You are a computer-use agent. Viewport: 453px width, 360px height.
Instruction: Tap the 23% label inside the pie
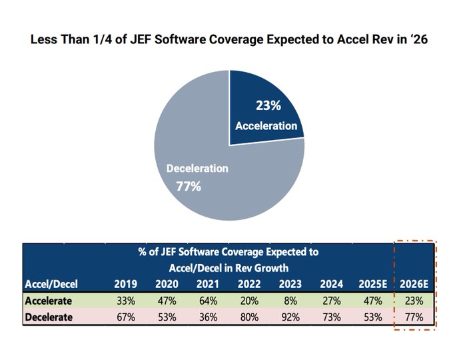pyautogui.click(x=267, y=105)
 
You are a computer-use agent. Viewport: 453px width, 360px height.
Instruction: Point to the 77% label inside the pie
pyautogui.click(x=189, y=187)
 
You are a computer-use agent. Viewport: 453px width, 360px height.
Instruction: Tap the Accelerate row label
pyautogui.click(x=49, y=300)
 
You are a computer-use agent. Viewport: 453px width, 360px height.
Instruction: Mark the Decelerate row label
pyautogui.click(x=49, y=317)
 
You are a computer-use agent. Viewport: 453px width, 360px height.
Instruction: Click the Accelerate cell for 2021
pyautogui.click(x=208, y=300)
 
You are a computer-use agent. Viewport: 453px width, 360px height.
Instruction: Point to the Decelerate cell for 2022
pyautogui.click(x=248, y=317)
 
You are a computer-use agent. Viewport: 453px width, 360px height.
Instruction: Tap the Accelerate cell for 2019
pyautogui.click(x=125, y=300)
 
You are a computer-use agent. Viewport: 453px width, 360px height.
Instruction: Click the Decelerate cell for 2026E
pyautogui.click(x=414, y=317)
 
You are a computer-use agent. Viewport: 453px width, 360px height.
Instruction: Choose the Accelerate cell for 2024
pyautogui.click(x=330, y=300)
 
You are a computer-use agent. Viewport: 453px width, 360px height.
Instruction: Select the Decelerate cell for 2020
pyautogui.click(x=167, y=317)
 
